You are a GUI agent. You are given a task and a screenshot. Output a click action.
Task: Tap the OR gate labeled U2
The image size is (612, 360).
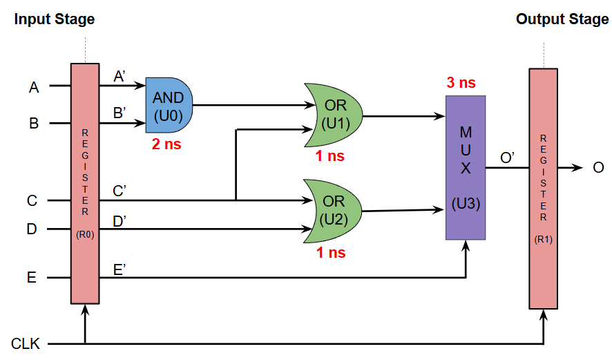(x=334, y=211)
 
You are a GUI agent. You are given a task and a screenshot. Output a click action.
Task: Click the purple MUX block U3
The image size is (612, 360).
(x=466, y=168)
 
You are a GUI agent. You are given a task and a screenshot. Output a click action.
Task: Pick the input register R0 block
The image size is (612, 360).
(x=85, y=183)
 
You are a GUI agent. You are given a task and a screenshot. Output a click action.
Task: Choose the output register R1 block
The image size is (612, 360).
(x=543, y=188)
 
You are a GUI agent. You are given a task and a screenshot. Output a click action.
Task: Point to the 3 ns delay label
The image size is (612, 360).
(x=461, y=83)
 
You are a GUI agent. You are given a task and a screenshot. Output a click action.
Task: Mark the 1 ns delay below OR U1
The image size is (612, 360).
(x=329, y=156)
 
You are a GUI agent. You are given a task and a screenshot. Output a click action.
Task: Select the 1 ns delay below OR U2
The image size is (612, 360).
(x=331, y=253)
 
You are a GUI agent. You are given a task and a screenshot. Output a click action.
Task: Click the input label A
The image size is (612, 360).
(x=33, y=87)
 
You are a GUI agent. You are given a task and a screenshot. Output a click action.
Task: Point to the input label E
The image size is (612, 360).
(x=32, y=278)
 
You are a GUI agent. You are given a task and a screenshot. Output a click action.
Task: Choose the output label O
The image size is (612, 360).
(x=598, y=168)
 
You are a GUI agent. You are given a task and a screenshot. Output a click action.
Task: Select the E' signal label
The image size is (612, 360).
(x=119, y=267)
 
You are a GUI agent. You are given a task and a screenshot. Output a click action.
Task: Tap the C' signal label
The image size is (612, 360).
(x=119, y=191)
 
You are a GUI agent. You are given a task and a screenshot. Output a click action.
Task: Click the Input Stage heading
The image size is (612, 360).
(x=55, y=19)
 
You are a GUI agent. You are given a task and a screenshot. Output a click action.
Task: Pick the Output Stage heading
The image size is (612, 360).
(x=562, y=19)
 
